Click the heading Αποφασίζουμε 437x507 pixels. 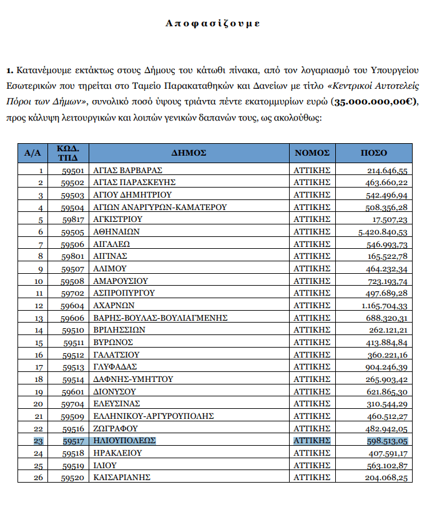pyautogui.click(x=213, y=23)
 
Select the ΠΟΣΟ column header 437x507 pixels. pyautogui.click(x=374, y=153)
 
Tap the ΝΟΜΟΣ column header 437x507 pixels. pyautogui.click(x=312, y=153)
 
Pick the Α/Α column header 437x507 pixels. pyautogui.click(x=32, y=153)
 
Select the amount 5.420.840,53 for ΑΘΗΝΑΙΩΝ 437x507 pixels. pyautogui.click(x=384, y=231)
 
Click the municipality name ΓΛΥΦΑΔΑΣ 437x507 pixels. pyautogui.click(x=115, y=366)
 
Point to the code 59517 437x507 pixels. pyautogui.click(x=74, y=440)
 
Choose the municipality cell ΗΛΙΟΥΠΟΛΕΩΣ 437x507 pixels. pyautogui.click(x=124, y=440)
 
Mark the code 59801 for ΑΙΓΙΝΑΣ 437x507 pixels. pyautogui.click(x=74, y=256)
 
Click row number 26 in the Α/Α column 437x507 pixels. pyautogui.click(x=40, y=478)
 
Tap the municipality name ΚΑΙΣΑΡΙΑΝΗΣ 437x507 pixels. pyautogui.click(x=122, y=478)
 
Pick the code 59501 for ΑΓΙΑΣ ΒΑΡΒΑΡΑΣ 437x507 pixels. pyautogui.click(x=74, y=170)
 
